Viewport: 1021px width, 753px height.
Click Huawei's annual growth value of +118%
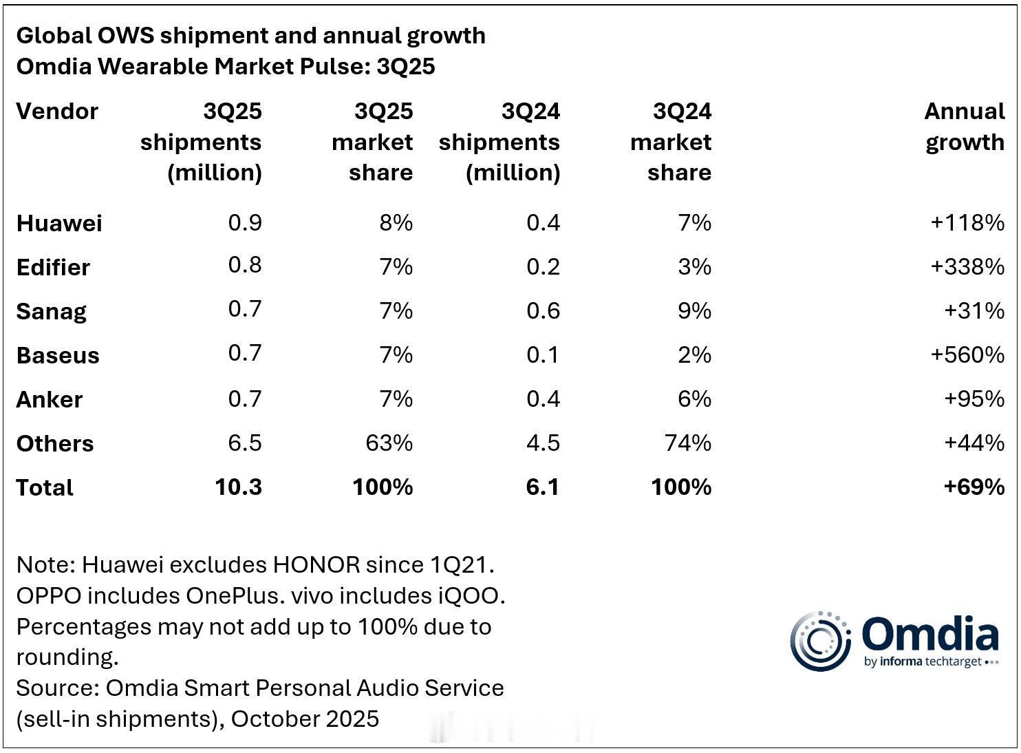(967, 223)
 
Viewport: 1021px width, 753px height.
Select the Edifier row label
(53, 267)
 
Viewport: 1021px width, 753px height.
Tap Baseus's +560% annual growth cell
(967, 355)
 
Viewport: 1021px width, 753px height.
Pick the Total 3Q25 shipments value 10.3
(238, 487)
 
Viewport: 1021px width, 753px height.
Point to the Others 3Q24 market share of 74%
(687, 443)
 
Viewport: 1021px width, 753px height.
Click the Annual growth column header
(964, 127)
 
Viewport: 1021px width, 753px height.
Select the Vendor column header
(57, 112)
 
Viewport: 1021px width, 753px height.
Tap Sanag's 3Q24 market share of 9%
(694, 311)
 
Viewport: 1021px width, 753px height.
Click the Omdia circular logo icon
(820, 641)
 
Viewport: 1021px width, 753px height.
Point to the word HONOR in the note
(316, 565)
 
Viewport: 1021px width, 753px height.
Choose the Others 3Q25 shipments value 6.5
(245, 443)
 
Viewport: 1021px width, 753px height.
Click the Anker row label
(49, 399)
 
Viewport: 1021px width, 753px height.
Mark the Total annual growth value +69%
(974, 487)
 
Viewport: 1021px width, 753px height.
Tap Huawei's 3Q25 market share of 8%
(396, 223)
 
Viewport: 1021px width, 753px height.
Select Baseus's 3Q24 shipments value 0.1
(543, 355)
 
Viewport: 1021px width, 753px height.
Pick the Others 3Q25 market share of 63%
(389, 443)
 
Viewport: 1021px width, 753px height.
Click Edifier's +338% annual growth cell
(967, 267)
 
